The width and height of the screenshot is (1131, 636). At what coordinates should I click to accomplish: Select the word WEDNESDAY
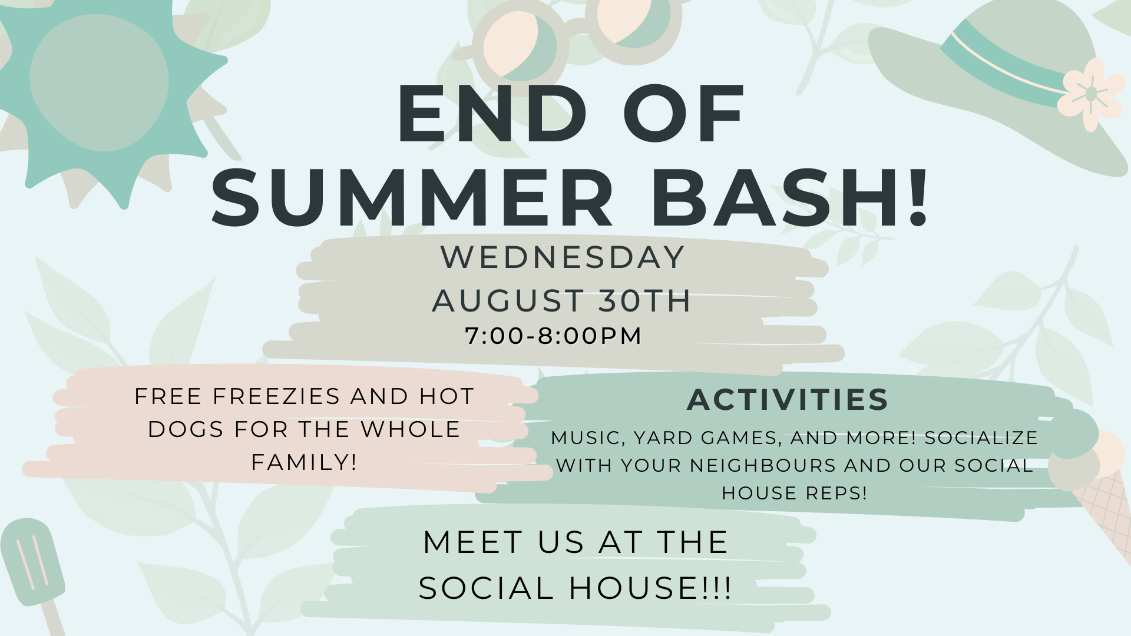[x=563, y=257]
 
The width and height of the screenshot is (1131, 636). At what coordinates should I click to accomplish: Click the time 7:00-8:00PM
[x=553, y=336]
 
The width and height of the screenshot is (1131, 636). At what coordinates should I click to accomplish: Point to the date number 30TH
[x=644, y=300]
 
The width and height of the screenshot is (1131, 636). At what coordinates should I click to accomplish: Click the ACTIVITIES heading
[x=788, y=399]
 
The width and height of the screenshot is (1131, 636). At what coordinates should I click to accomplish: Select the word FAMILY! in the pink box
[x=304, y=462]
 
